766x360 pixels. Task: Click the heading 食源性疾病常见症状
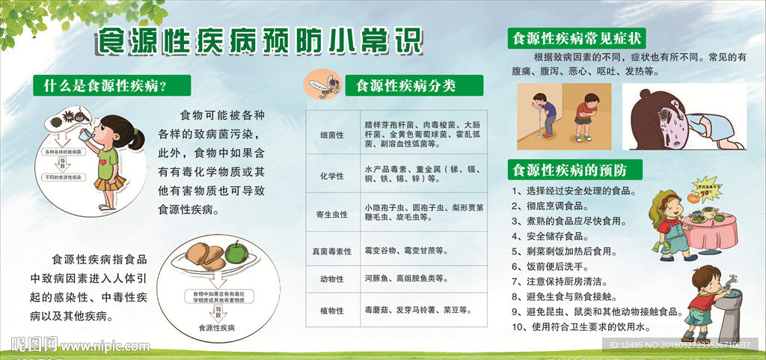[x=576, y=38]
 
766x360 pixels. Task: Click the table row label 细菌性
[x=331, y=135]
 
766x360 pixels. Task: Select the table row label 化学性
[x=331, y=176]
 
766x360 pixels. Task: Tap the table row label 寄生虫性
[x=331, y=216]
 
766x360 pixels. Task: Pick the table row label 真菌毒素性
[x=331, y=251]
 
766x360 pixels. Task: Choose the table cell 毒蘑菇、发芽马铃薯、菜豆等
[x=416, y=309]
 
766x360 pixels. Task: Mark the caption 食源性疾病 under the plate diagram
[x=216, y=328]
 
